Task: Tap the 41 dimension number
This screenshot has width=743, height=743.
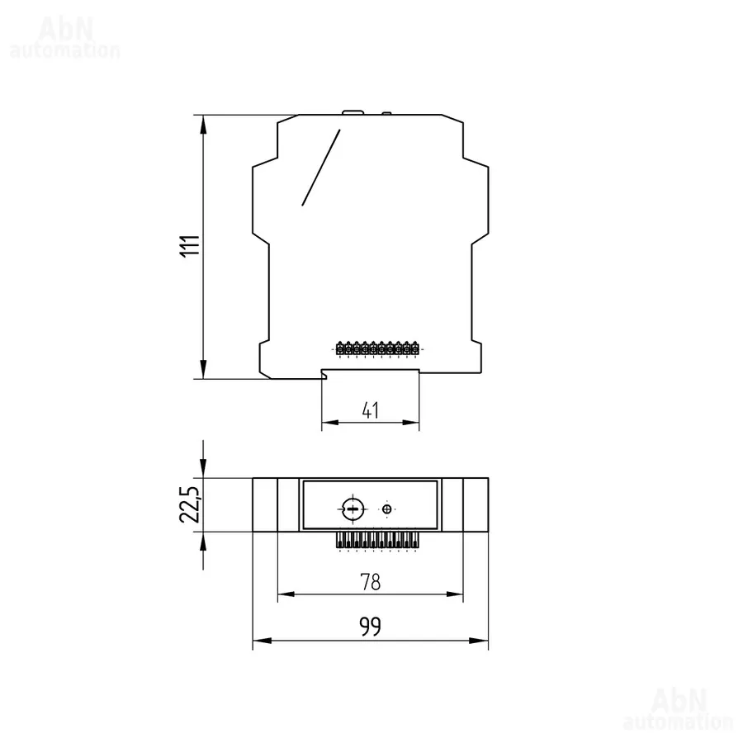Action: point(371,410)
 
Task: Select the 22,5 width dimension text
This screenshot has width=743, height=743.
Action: point(191,504)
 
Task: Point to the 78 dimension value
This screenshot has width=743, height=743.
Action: point(371,582)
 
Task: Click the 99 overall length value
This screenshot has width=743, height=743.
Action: point(370,627)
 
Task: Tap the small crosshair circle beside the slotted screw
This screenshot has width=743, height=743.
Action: point(387,509)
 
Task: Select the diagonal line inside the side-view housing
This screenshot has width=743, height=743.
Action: point(321,168)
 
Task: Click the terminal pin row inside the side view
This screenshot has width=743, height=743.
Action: point(377,348)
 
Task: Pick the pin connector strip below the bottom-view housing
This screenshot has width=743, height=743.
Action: point(377,540)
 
